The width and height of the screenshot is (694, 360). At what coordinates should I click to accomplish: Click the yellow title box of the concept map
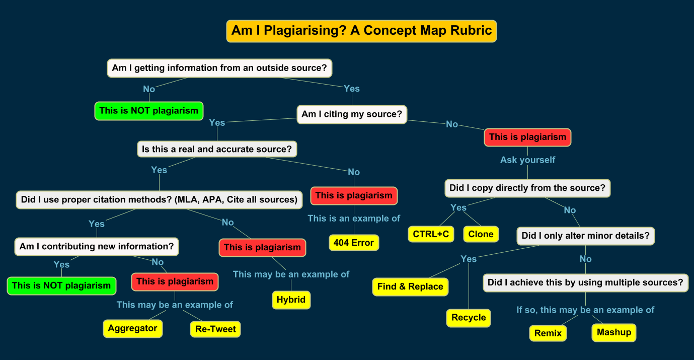point(361,31)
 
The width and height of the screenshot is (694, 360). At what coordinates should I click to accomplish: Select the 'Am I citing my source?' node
point(352,114)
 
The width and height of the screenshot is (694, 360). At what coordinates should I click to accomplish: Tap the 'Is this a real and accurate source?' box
point(217,149)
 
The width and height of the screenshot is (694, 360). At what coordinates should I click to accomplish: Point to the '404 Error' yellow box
point(353,243)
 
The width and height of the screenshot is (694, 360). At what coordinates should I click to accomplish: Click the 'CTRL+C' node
point(431,234)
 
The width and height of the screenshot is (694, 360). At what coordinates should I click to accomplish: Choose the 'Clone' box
point(481,234)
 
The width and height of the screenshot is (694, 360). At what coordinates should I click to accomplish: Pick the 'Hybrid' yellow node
point(291,300)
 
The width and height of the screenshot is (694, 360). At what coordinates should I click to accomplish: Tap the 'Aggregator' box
point(132,328)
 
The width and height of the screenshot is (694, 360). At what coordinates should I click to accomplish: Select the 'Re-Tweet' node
point(215,329)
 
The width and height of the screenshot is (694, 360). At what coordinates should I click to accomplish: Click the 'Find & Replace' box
point(410,286)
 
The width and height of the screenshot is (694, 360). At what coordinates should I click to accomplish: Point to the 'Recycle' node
point(469,318)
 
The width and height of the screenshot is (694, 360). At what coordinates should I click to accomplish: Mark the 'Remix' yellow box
point(548,333)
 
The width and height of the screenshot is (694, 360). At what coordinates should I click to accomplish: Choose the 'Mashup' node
point(613,332)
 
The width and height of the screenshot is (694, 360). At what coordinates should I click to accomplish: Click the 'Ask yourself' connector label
point(527,160)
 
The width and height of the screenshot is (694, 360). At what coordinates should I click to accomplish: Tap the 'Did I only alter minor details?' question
point(585,236)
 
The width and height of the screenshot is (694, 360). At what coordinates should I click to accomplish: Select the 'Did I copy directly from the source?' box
point(527,188)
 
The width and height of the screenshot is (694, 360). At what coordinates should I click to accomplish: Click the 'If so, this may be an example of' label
point(585,310)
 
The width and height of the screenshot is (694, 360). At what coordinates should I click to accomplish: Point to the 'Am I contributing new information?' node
point(97,247)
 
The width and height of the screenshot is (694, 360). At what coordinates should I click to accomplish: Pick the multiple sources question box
point(585,282)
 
